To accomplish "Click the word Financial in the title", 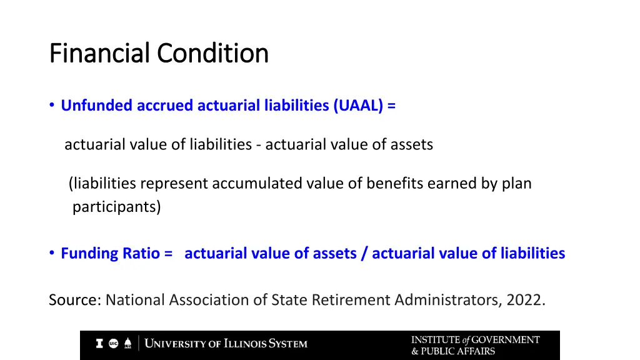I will coord(101,54).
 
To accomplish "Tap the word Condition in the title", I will coord(212,54).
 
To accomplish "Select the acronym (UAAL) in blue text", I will coord(359,106).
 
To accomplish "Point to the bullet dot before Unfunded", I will coord(52,106).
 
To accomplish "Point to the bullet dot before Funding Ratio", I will coord(52,253).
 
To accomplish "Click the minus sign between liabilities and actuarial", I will coord(258,145).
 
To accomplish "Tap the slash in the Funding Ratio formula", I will coord(364,253).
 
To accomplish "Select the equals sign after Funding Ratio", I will coord(167,253).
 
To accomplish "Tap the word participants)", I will coord(116,207).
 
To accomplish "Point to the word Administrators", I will coord(446,301).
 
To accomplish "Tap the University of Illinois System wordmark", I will coord(226,344).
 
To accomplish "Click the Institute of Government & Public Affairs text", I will coord(475,345).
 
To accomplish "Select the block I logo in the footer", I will coord(99,344).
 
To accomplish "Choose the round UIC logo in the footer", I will coord(114,344).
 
